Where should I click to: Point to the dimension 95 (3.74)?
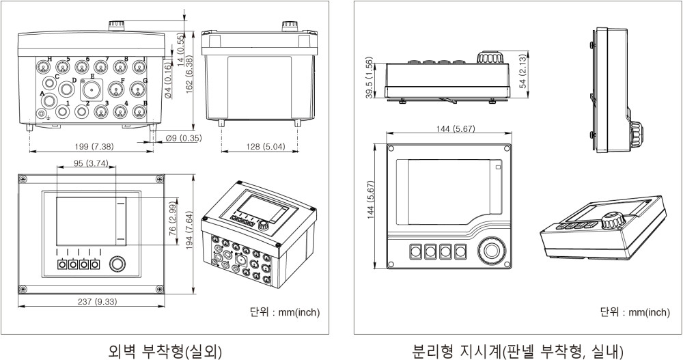coord(82,163)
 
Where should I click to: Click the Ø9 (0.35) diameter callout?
coord(183,139)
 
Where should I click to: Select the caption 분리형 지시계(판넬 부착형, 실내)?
coord(518,351)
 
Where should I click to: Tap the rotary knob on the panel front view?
coord(491,251)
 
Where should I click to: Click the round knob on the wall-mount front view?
coord(117,264)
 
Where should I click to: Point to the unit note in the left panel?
coord(286,312)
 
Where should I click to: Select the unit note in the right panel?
coord(635,312)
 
